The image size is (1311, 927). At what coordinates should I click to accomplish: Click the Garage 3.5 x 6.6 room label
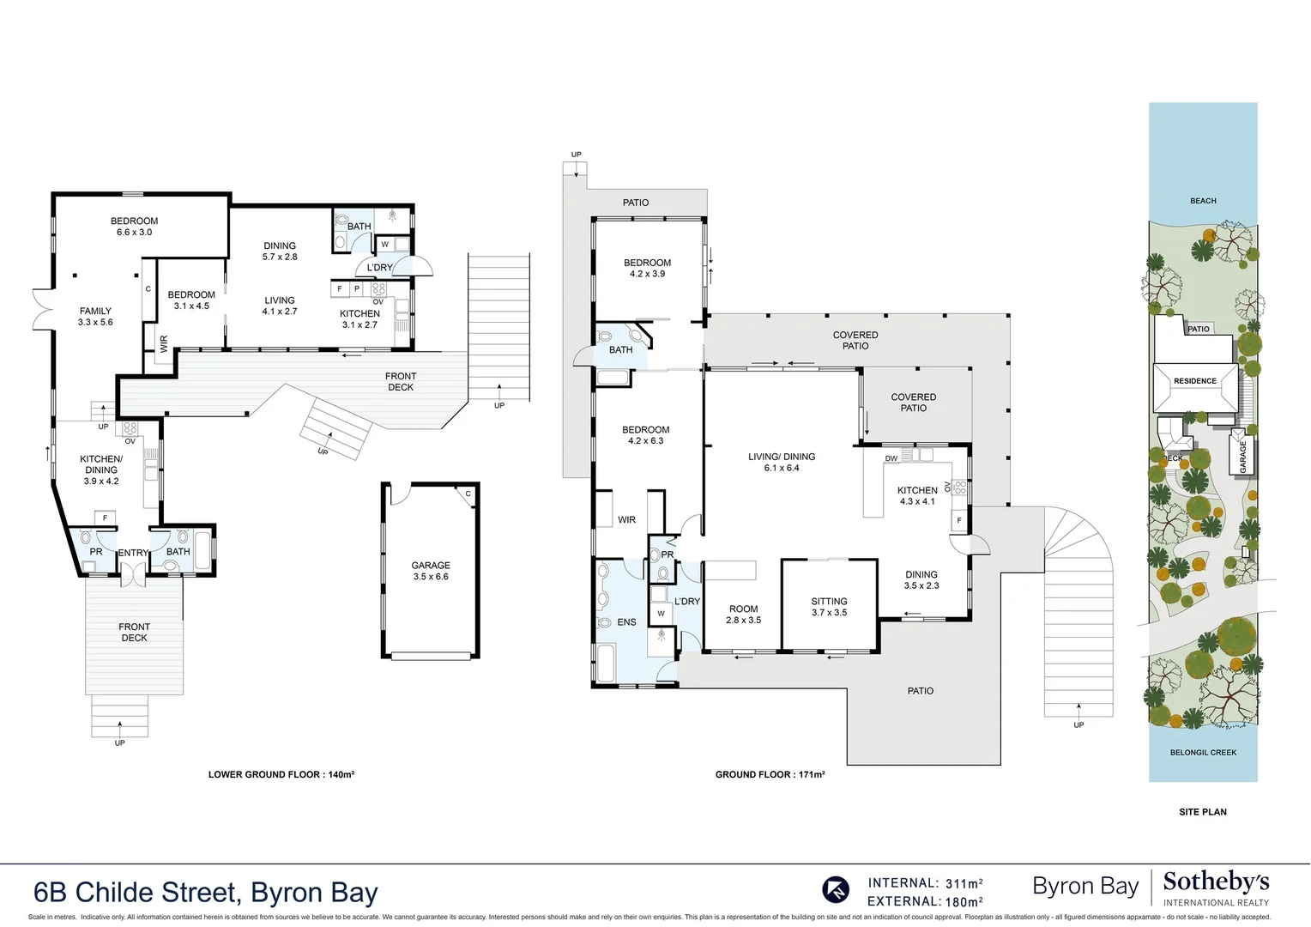[x=431, y=571]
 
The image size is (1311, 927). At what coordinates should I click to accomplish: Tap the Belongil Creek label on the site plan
[x=1203, y=753]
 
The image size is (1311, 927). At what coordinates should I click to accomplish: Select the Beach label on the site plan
[x=1203, y=201]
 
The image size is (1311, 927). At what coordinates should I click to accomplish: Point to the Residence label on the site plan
[x=1195, y=381]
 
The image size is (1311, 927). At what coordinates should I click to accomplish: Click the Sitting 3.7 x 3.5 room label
[x=829, y=607]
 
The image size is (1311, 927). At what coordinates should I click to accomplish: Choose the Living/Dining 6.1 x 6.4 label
[x=782, y=462]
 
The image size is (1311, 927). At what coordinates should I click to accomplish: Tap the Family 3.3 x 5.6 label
[x=95, y=317]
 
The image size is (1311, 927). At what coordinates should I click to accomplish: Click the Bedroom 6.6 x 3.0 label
[x=134, y=227]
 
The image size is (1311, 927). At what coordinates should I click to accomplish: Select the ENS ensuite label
[x=626, y=622]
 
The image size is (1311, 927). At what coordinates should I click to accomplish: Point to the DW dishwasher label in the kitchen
[x=891, y=458]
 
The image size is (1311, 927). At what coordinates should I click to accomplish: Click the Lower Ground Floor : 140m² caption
[x=281, y=774]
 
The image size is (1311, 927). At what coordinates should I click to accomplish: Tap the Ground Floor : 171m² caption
[x=770, y=774]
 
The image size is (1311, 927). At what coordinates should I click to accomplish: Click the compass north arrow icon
[x=836, y=889]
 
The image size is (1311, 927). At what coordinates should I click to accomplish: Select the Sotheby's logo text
[x=1216, y=882]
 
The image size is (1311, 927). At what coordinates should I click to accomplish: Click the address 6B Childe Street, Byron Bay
[x=206, y=892]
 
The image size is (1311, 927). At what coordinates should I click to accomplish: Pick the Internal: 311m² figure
[x=925, y=883]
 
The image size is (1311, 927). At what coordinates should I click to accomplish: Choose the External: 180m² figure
[x=925, y=901]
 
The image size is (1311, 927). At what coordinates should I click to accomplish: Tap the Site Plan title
[x=1203, y=812]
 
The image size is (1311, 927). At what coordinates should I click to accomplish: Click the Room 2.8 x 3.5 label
[x=743, y=615]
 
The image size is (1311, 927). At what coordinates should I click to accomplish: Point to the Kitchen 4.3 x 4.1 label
[x=917, y=496]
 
